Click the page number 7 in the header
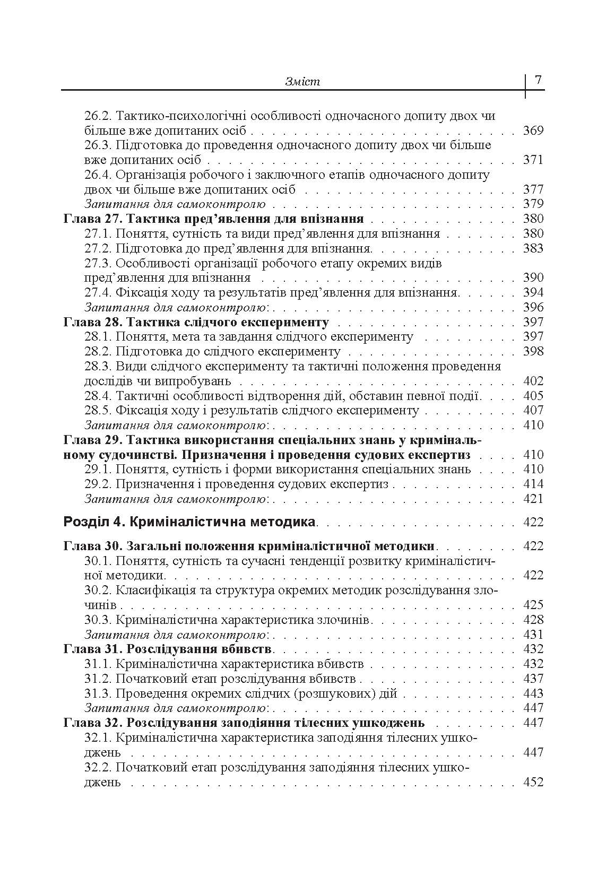[x=538, y=80]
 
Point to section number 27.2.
[x=98, y=248]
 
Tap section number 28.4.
[x=98, y=396]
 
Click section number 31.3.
[x=98, y=693]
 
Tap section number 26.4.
[x=98, y=175]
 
